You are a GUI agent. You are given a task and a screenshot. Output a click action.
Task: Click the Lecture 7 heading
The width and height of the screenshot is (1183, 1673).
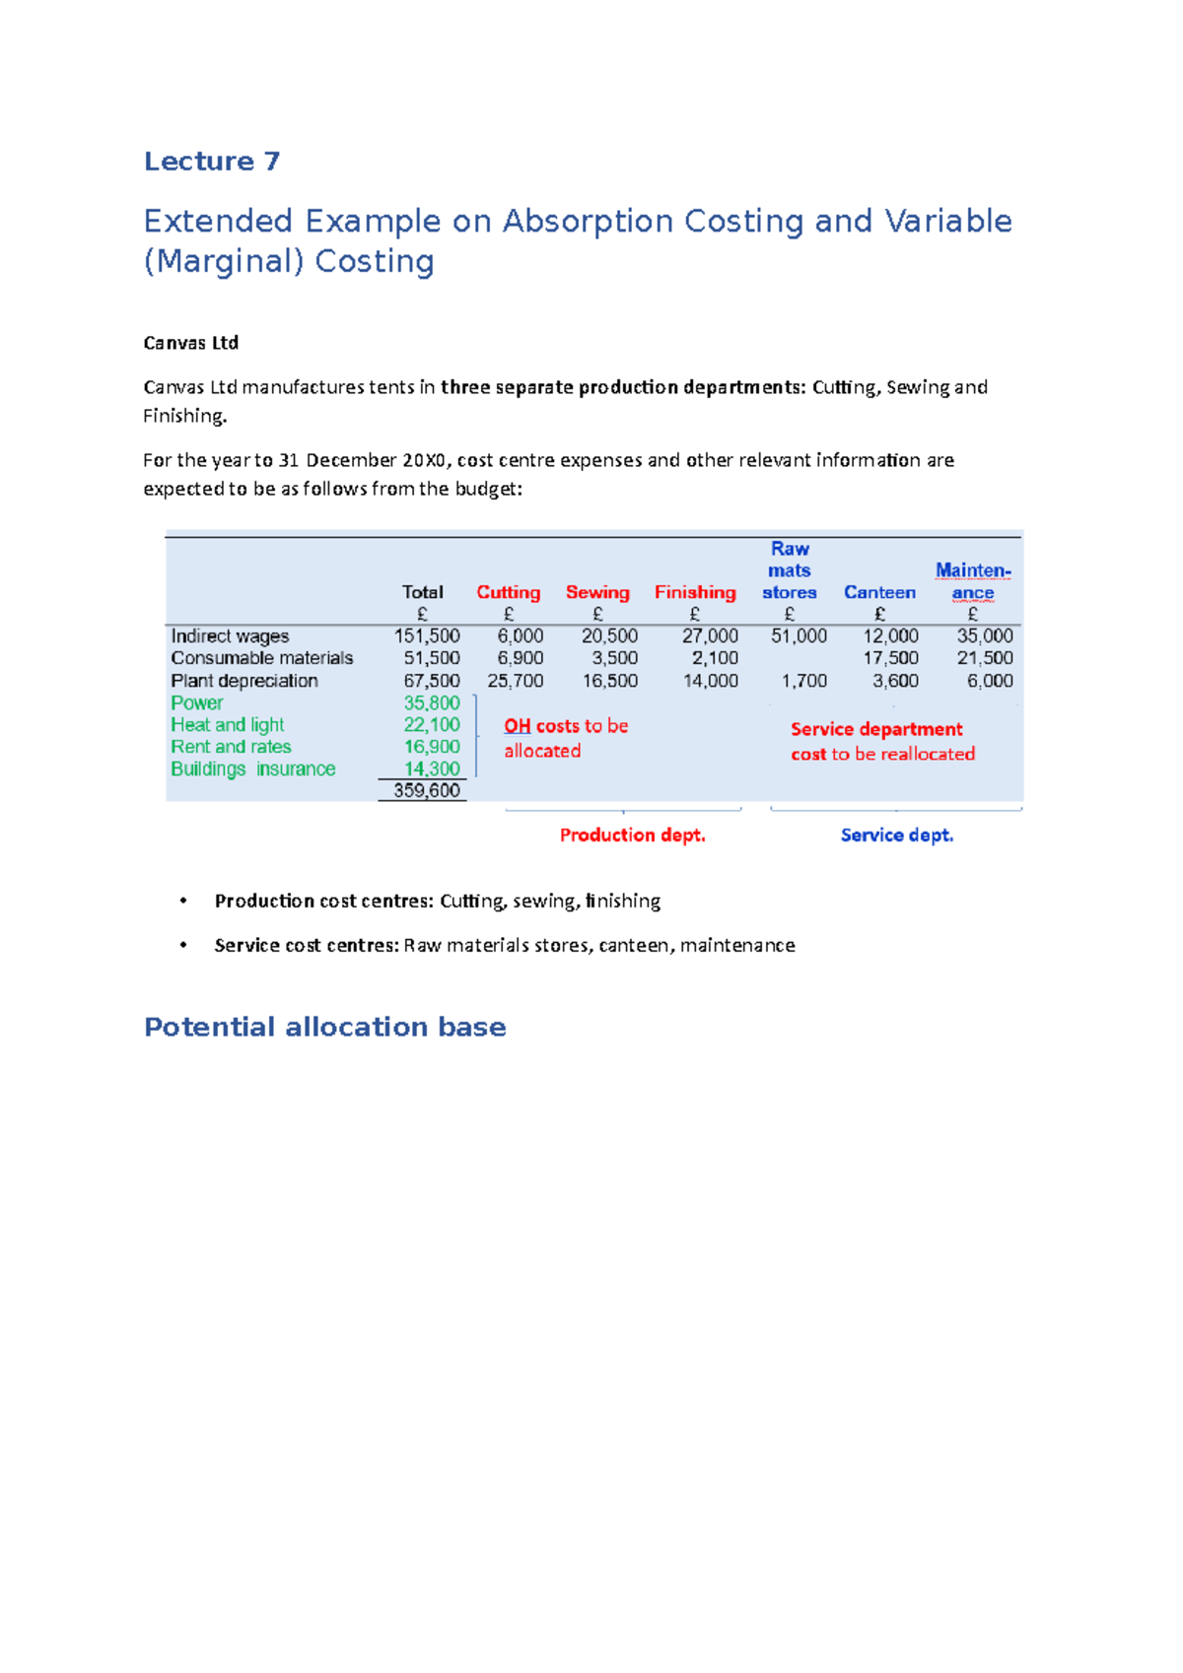pos(212,162)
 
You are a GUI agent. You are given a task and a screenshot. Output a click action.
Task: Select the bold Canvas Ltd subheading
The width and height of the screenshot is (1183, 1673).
pos(190,343)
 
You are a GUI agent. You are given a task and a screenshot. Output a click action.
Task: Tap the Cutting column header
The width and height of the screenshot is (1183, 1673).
pos(508,592)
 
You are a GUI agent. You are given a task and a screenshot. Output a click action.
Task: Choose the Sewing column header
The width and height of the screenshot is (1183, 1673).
pos(597,592)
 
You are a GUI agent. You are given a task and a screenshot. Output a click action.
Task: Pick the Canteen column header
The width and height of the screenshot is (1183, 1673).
pos(879,592)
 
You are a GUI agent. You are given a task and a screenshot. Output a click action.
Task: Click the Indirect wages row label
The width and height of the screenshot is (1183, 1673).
pos(230,636)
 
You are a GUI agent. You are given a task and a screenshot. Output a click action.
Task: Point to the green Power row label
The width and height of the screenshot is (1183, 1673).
pos(197,703)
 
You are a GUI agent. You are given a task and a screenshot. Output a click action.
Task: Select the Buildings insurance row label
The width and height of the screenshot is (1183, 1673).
pos(253,769)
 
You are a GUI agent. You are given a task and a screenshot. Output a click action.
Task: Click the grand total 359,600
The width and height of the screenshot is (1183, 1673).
pos(427,790)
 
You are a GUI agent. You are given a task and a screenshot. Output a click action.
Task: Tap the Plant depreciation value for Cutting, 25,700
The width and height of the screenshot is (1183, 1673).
pos(515,681)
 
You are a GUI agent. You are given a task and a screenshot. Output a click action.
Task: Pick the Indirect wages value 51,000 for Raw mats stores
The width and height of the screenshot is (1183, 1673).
pos(799,636)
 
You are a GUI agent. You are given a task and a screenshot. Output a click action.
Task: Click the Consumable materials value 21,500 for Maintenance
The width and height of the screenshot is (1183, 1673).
pos(984,658)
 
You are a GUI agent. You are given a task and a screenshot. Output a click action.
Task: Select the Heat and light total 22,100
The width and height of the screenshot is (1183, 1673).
pos(432,725)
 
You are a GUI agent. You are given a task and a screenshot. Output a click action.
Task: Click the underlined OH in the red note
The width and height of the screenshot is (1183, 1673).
pos(518,726)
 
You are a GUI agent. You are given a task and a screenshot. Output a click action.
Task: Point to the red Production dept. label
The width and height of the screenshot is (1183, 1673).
pos(633,836)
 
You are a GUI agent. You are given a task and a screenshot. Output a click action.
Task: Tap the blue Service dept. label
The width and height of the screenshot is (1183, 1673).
pos(897,836)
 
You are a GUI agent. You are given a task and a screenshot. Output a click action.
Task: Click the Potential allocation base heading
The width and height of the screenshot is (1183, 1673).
pos(324,1028)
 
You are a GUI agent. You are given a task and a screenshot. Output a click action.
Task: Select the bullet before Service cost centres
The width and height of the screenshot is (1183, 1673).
pos(183,945)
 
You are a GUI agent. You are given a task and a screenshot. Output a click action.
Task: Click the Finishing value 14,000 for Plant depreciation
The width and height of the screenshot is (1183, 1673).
pos(710,681)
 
